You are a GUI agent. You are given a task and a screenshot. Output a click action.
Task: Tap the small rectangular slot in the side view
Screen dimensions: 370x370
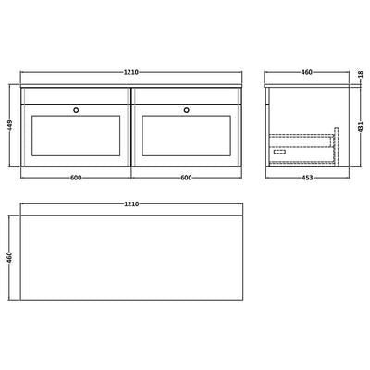[275, 154]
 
